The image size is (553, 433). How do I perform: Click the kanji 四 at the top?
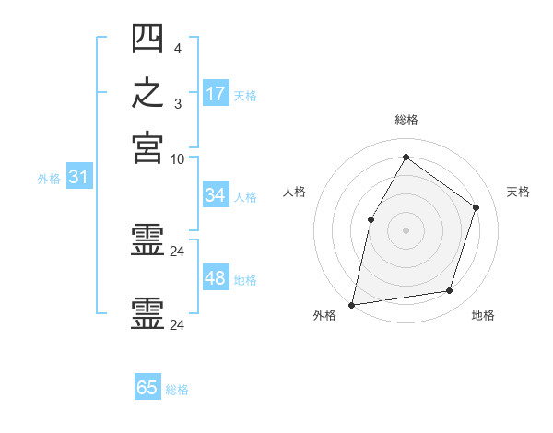pyautogui.click(x=147, y=38)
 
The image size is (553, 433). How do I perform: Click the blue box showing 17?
pyautogui.click(x=216, y=93)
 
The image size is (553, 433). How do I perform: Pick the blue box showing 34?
pyautogui.click(x=216, y=194)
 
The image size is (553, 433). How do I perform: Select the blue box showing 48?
pyautogui.click(x=216, y=276)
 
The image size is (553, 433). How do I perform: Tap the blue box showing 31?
pyautogui.click(x=79, y=176)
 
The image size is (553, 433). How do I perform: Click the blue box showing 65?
pyautogui.click(x=147, y=386)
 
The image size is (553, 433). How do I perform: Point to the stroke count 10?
pyautogui.click(x=177, y=159)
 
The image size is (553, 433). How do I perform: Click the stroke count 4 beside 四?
pyautogui.click(x=178, y=49)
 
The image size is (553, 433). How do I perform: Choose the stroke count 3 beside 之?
pyautogui.click(x=178, y=104)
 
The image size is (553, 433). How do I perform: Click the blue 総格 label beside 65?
pyautogui.click(x=177, y=390)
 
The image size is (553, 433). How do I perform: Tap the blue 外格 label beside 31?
pyautogui.click(x=49, y=179)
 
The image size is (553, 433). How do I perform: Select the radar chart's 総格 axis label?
pyautogui.click(x=406, y=120)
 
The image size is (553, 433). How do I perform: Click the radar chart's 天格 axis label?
pyautogui.click(x=518, y=192)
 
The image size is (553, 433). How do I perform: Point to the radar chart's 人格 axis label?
pyautogui.click(x=294, y=192)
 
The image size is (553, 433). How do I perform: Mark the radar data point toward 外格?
pyautogui.click(x=352, y=305)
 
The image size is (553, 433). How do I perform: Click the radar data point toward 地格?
pyautogui.click(x=450, y=290)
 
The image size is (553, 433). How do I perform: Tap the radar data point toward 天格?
pyautogui.click(x=476, y=207)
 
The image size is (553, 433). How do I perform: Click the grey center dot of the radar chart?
pyautogui.click(x=406, y=230)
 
